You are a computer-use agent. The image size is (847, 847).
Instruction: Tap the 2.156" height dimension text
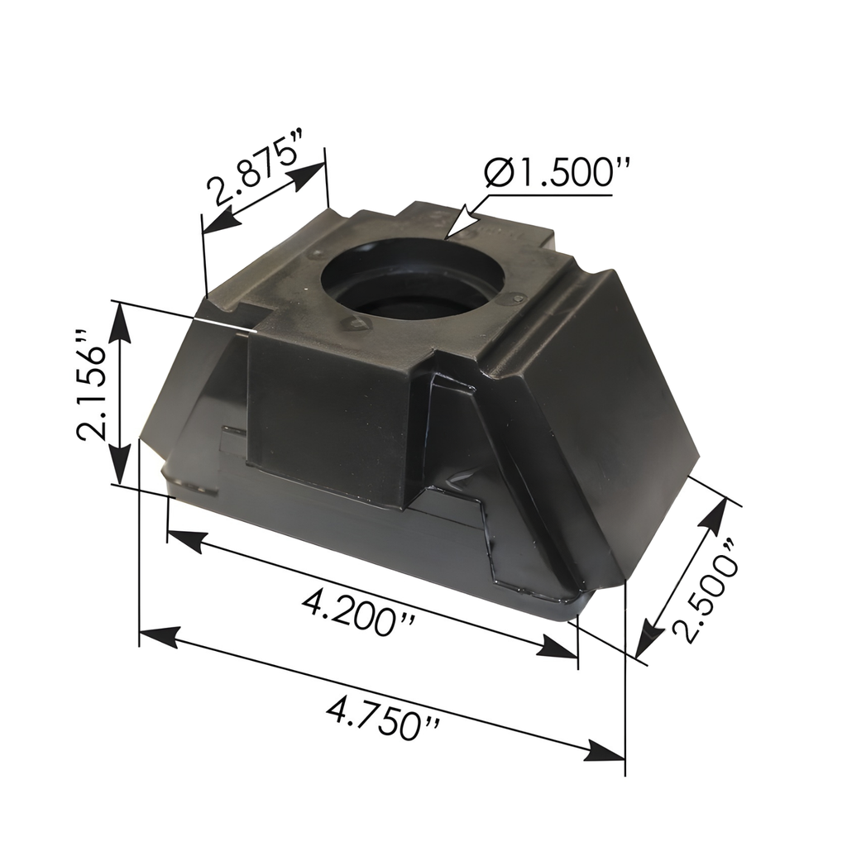93,385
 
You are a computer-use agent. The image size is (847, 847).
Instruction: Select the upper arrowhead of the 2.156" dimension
122,319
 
